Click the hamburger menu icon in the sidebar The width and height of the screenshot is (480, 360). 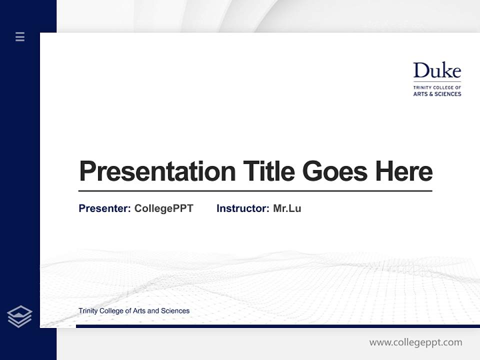[x=20, y=36]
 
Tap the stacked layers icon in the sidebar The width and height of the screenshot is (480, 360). [x=19, y=316]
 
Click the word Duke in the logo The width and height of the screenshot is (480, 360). [x=437, y=71]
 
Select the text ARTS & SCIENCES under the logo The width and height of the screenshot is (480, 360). [x=437, y=94]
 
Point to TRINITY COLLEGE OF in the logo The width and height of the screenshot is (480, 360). [x=437, y=87]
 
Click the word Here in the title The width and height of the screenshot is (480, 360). [x=403, y=171]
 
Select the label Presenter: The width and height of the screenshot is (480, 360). [x=105, y=208]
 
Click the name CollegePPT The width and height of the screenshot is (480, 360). [x=163, y=208]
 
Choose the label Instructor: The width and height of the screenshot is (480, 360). [x=243, y=208]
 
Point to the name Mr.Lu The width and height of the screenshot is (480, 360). [x=287, y=208]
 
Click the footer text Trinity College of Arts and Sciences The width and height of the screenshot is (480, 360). [x=134, y=311]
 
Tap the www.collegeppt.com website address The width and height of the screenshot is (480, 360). [x=415, y=342]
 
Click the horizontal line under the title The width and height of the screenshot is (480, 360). [x=255, y=191]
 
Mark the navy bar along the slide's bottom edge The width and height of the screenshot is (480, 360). [x=277, y=326]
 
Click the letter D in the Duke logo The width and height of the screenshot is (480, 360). [x=420, y=71]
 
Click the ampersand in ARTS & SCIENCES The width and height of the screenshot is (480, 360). [x=430, y=94]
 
